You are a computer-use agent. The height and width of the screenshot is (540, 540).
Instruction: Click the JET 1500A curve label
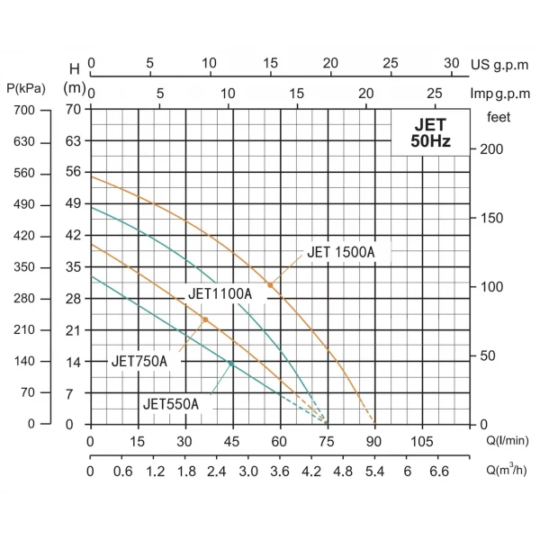340,253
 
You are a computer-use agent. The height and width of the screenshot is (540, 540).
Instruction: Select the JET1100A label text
220,294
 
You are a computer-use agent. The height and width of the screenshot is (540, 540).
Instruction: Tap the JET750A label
139,361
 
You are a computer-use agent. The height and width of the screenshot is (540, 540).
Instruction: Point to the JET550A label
170,404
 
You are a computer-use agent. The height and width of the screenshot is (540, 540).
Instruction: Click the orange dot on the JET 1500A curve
270,285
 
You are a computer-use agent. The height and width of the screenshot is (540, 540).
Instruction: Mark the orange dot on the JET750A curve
205,320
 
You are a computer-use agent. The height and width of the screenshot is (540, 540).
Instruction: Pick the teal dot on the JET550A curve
231,364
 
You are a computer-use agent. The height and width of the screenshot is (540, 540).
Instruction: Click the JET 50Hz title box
430,133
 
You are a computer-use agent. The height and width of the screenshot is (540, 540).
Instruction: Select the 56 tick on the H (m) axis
74,173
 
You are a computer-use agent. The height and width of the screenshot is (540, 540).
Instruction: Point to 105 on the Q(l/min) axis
422,442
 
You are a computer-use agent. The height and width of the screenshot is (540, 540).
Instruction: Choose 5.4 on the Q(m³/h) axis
374,471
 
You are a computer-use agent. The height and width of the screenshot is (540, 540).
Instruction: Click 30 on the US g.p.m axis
453,64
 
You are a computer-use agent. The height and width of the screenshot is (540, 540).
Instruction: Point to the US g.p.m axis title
502,65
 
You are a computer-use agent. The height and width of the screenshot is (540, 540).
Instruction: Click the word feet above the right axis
499,117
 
